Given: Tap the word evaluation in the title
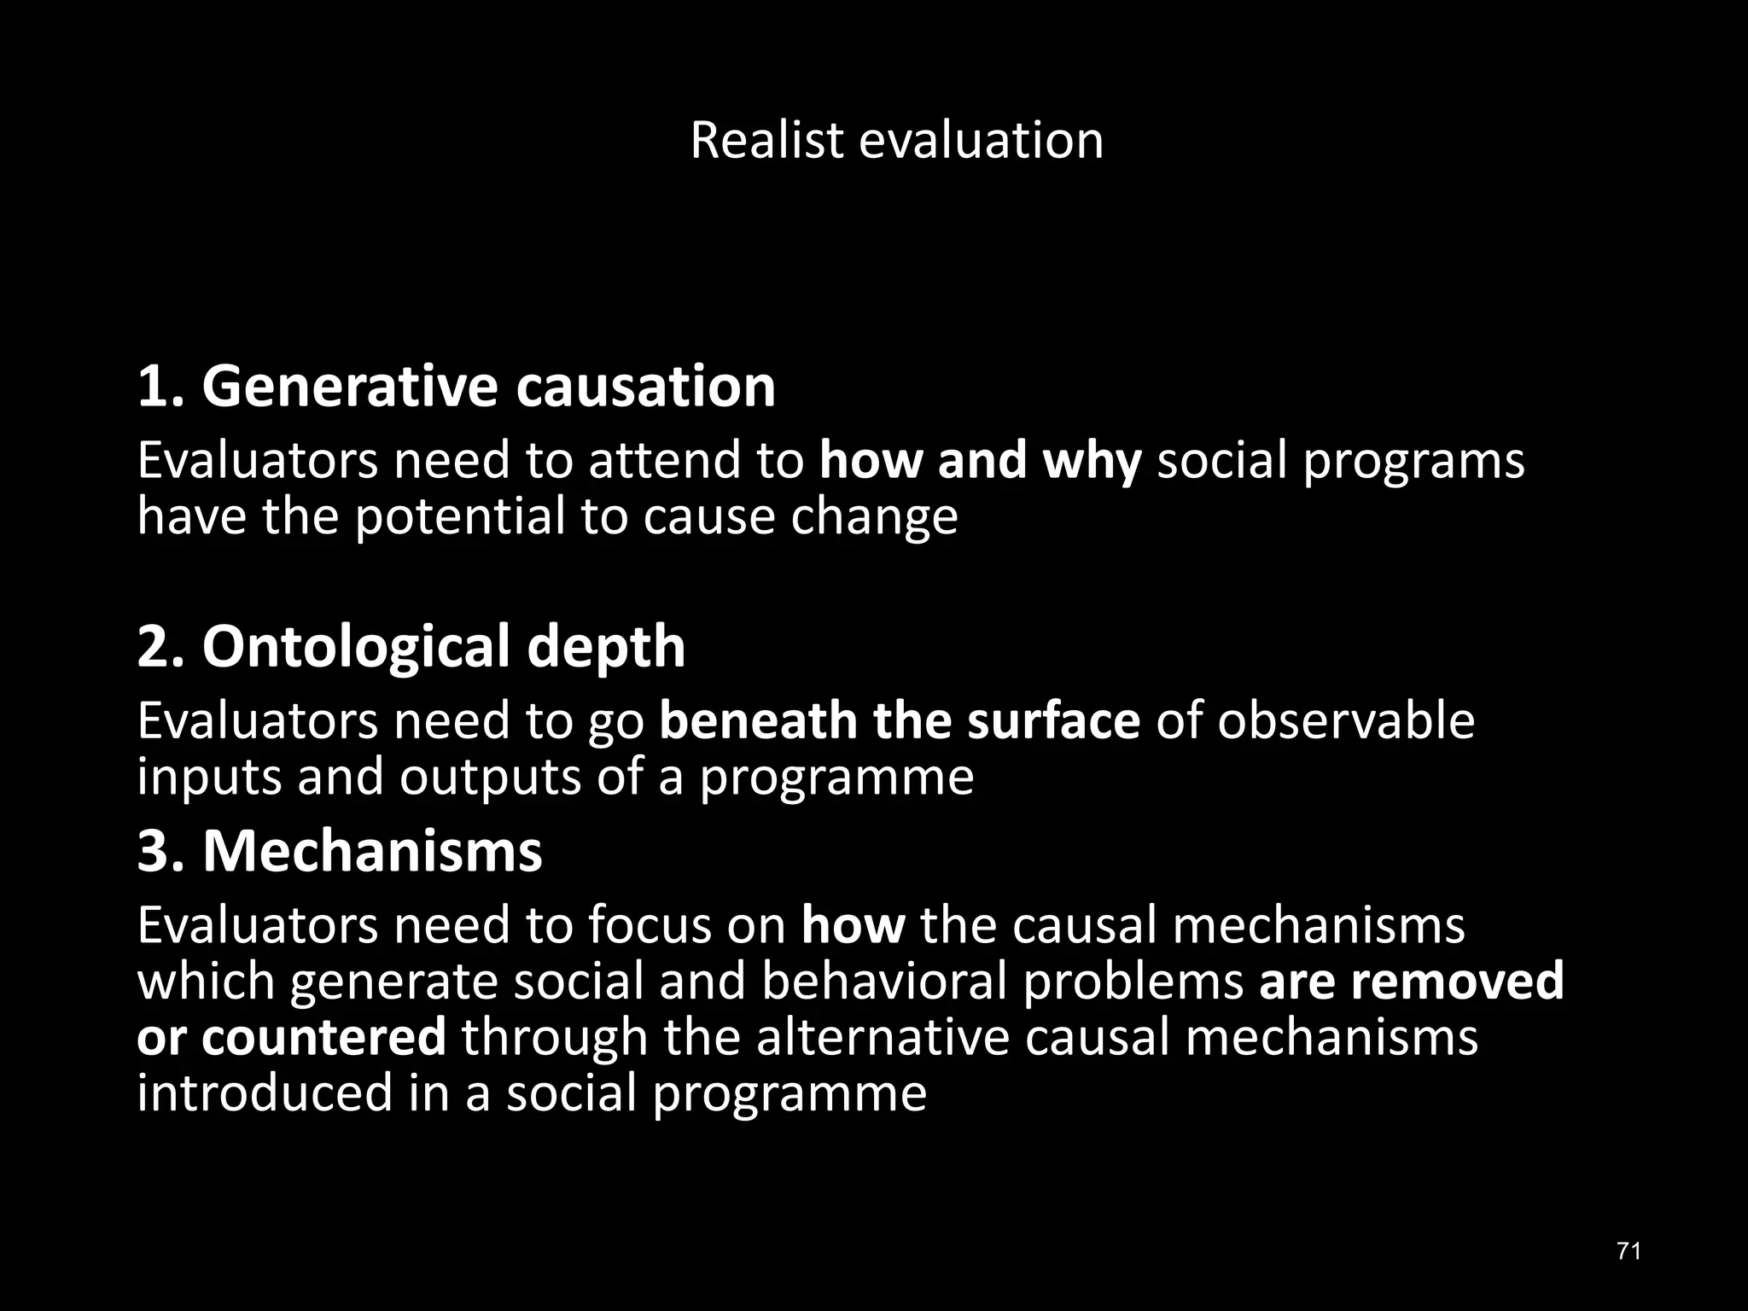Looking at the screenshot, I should click(981, 140).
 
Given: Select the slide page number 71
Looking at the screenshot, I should click(1629, 1251).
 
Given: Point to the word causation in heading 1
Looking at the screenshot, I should click(645, 387).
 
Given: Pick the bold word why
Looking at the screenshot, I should click(1092, 461).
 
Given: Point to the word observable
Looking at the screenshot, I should click(1346, 720).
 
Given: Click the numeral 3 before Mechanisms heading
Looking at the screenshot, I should click(154, 851).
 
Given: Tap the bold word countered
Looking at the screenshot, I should click(324, 1038).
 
